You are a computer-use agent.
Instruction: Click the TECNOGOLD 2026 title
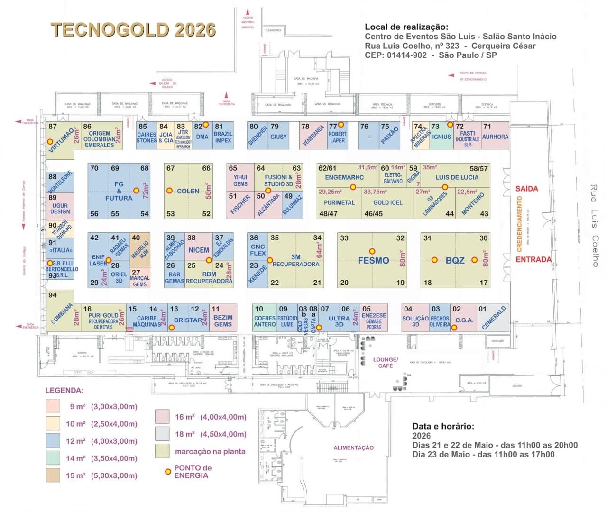click(133, 29)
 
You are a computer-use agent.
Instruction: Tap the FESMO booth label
click(373, 260)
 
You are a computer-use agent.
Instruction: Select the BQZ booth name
click(455, 260)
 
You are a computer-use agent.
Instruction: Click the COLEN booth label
click(188, 191)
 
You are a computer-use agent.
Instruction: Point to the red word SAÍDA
click(526, 189)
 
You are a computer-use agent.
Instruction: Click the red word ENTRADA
click(533, 259)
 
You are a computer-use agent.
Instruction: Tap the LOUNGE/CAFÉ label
click(386, 363)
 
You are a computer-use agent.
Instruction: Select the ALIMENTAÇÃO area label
click(353, 448)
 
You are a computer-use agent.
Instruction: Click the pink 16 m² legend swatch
click(162, 417)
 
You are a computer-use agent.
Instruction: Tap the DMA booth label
click(202, 137)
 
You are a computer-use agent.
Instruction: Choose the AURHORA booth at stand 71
click(495, 137)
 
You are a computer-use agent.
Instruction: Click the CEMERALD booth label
click(494, 318)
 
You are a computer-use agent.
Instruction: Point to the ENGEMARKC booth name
click(344, 177)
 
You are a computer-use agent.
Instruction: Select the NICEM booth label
click(198, 250)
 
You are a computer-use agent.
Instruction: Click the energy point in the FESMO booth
click(372, 251)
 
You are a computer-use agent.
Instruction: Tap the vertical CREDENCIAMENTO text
click(519, 224)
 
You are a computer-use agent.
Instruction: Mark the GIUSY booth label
click(278, 137)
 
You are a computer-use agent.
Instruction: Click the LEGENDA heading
click(64, 391)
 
